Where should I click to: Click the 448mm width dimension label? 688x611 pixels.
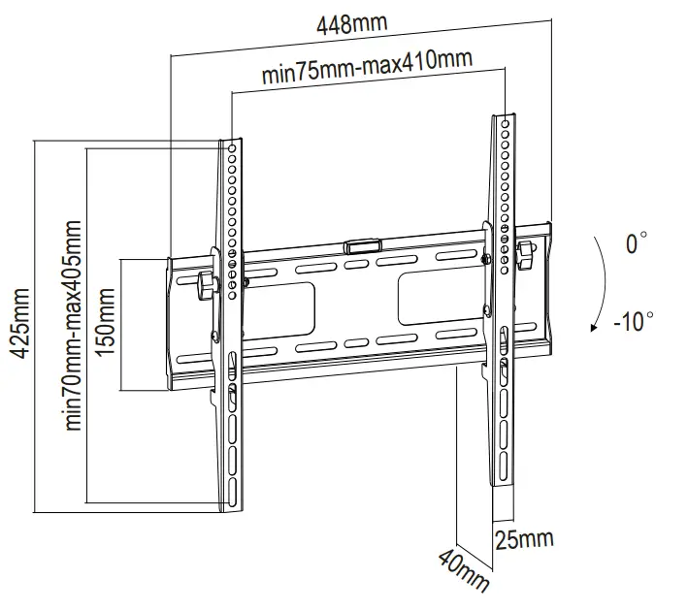350,24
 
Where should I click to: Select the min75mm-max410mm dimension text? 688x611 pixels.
368,70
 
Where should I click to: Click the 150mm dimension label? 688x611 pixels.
107,325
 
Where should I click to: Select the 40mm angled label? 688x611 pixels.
463,571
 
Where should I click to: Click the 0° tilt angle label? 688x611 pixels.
636,243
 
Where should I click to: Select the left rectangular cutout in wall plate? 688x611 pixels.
292,301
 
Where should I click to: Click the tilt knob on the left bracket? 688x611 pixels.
205,287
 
